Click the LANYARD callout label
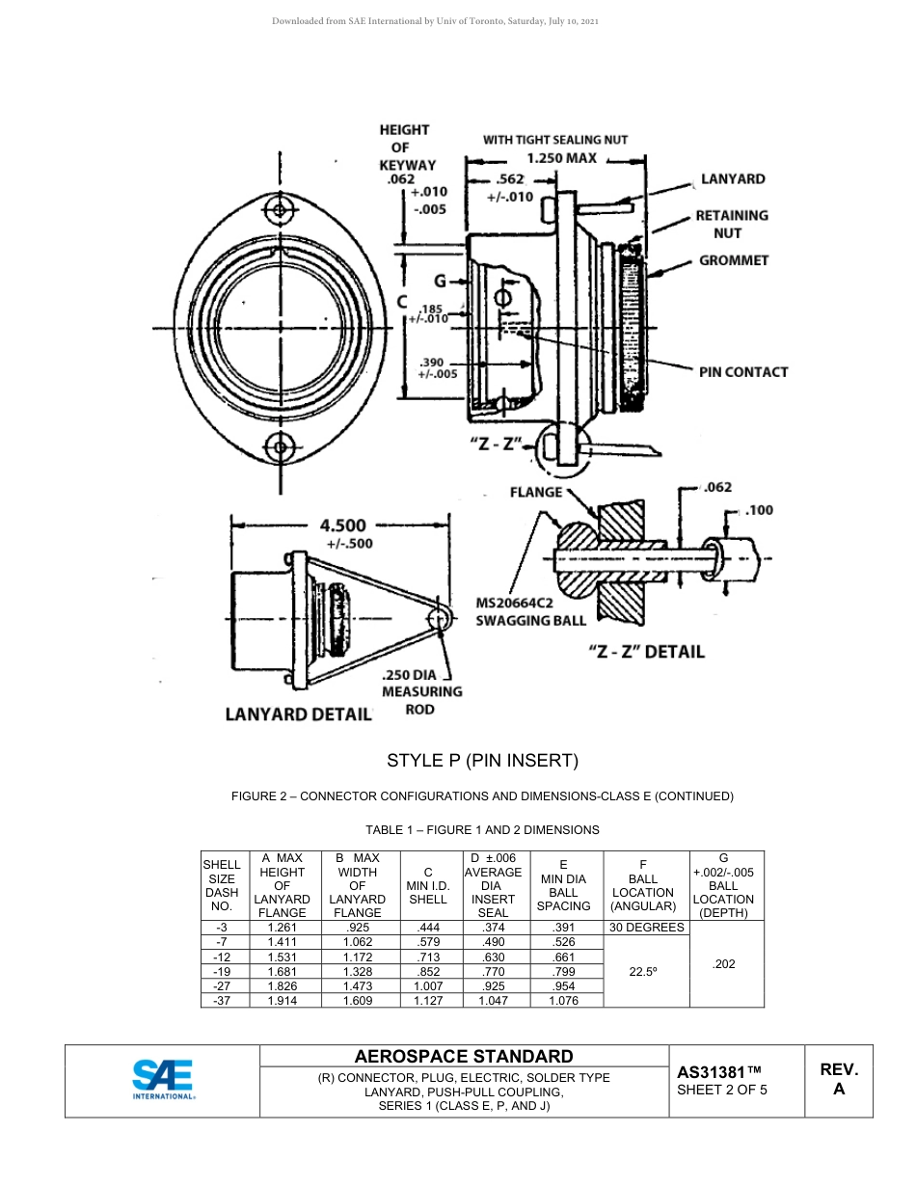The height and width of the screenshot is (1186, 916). pos(733,179)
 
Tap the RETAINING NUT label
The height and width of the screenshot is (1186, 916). pos(732,224)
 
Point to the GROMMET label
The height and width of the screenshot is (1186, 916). pos(734,260)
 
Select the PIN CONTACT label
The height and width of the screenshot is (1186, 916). pos(743,372)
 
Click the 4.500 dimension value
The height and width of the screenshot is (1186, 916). pos(342,526)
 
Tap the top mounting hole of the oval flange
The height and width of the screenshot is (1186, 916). pos(280,210)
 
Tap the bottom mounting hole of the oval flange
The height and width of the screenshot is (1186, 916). pos(281,445)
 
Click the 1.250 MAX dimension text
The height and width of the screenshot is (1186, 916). pos(561,158)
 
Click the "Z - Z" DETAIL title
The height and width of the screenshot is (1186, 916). pos(646,652)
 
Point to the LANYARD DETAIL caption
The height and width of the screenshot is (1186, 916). pos(298,714)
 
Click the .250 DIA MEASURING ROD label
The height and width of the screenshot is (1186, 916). pos(421,691)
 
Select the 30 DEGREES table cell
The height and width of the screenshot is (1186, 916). pos(646,928)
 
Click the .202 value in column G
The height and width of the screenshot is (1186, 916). pos(723,964)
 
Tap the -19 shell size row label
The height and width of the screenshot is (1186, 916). pos(222,972)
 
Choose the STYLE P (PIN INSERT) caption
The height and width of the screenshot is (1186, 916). pos(482,761)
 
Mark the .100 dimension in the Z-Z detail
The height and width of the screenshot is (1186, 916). pos(759,510)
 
